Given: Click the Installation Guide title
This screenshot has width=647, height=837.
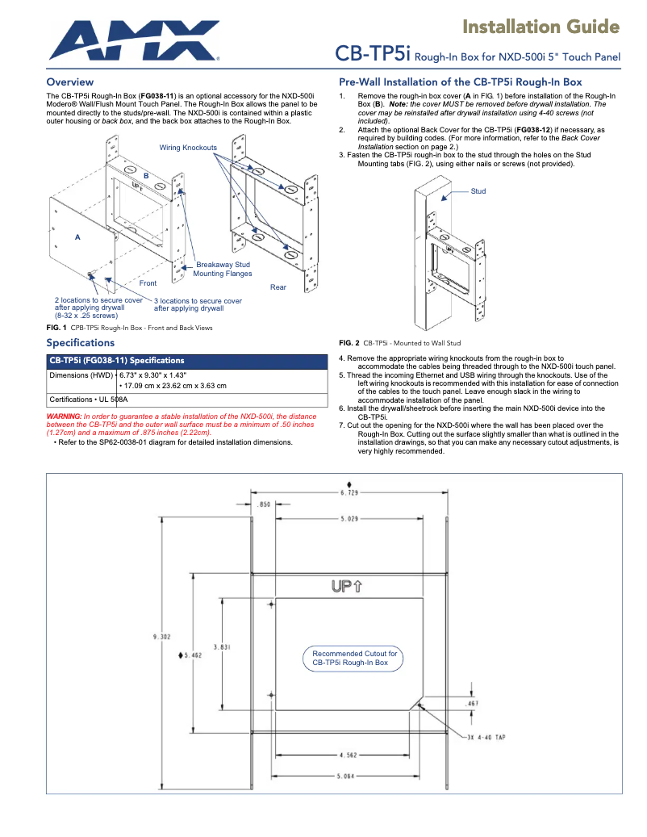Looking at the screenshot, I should tap(541, 27).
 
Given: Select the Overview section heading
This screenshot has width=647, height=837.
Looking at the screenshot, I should tap(70, 82).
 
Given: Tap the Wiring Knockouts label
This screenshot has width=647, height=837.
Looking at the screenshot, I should tap(188, 148).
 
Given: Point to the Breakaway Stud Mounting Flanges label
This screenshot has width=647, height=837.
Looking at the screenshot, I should tap(221, 270).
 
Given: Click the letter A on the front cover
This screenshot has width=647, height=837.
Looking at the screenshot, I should tap(77, 237).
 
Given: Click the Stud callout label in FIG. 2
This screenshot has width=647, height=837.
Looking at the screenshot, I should tap(478, 191).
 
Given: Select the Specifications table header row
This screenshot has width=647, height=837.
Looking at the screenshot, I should tap(186, 361).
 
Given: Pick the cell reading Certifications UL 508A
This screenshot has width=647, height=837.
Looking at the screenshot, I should tap(89, 399).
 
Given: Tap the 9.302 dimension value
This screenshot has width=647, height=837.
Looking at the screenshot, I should tap(161, 637).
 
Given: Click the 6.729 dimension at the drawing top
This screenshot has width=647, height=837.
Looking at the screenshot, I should tap(349, 492).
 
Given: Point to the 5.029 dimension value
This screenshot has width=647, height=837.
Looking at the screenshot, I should tap(349, 518).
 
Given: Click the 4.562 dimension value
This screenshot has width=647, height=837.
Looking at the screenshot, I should tap(349, 756).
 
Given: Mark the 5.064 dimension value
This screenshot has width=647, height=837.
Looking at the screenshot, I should tap(349, 776).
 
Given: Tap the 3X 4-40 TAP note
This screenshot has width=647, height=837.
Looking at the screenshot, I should tap(486, 737).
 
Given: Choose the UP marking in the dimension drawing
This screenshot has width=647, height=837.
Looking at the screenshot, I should tap(346, 586).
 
